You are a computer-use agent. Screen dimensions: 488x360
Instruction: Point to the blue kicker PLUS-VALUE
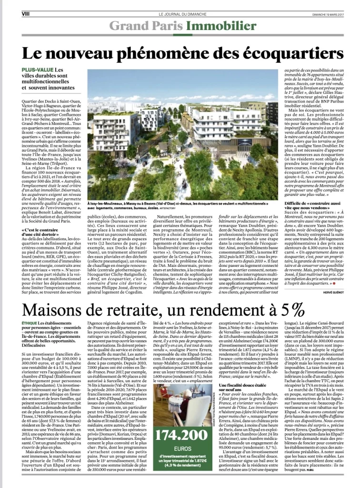37,71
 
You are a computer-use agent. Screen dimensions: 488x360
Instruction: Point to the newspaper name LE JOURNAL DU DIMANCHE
180,14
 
